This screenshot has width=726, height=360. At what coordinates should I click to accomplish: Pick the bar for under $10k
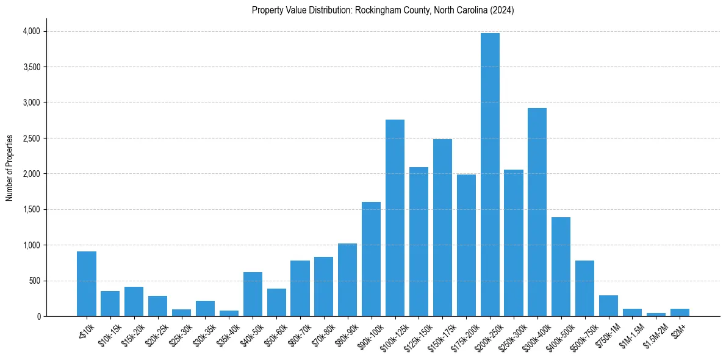tap(87, 284)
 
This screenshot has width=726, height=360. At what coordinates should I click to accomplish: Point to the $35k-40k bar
tap(229, 314)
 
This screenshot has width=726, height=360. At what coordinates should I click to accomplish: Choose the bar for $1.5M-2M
tap(656, 315)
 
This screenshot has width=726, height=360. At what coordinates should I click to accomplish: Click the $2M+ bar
tap(680, 312)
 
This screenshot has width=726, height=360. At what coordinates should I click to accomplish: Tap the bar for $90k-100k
tap(371, 259)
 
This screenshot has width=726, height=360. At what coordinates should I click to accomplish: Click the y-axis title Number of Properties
tap(10, 168)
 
